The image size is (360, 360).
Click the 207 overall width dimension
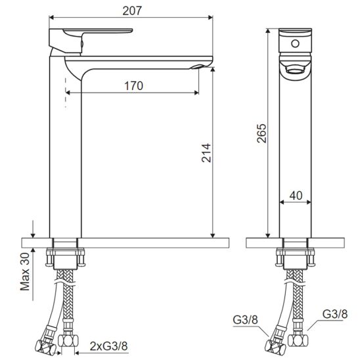pyautogui.click(x=132, y=11)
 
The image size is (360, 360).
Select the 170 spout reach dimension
pyautogui.click(x=133, y=86)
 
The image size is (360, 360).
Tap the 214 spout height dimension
pyautogui.click(x=206, y=153)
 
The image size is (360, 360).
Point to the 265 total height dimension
pyautogui.click(x=261, y=133)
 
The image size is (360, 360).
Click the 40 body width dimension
pyautogui.click(x=296, y=196)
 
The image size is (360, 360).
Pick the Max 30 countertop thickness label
pyautogui.click(x=25, y=272)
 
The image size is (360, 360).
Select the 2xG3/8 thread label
pyautogui.click(x=108, y=346)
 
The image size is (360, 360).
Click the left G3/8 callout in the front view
pyautogui.click(x=246, y=320)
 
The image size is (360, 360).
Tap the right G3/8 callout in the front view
pyautogui.click(x=335, y=314)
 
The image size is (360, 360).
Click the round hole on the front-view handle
pyautogui.click(x=295, y=43)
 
